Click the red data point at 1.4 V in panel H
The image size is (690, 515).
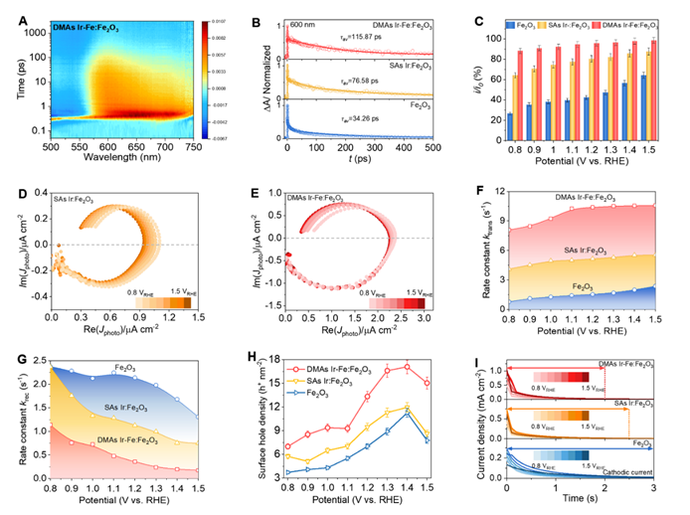[407, 367]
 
